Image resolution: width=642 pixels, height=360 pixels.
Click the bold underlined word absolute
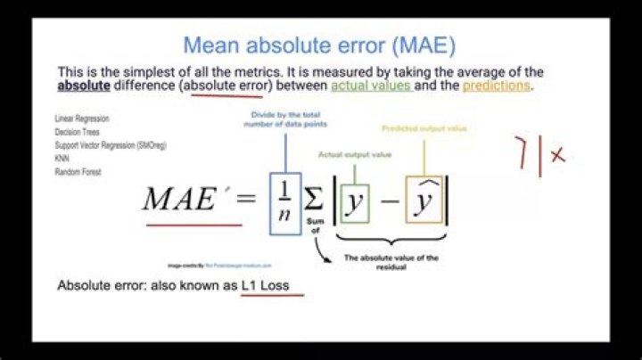[x=85, y=86]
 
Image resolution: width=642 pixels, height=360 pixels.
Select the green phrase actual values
[x=371, y=86]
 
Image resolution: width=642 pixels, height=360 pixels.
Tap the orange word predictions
[x=496, y=86]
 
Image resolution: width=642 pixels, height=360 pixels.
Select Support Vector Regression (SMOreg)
[x=111, y=145]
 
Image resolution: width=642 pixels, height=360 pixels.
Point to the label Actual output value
[x=350, y=154]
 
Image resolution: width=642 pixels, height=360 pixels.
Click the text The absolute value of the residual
[x=391, y=262]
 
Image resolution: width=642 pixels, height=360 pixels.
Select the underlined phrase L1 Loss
[x=272, y=286]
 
